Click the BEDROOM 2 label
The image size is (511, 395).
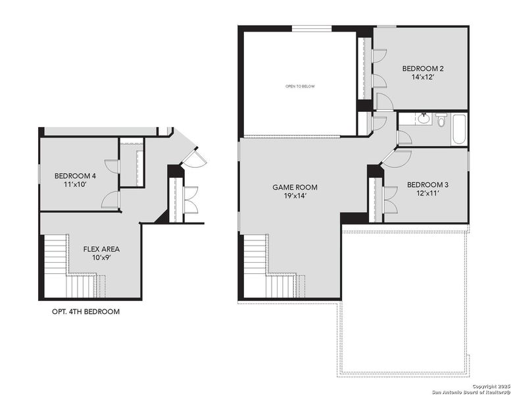point(423,68)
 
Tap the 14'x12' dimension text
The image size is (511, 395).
point(423,78)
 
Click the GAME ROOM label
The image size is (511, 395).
point(290,187)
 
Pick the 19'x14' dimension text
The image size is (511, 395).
point(290,196)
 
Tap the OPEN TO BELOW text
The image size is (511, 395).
point(299,86)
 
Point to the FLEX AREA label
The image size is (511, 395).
point(101,249)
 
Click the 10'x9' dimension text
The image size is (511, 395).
point(101,258)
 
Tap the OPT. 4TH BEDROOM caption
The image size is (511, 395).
point(85,311)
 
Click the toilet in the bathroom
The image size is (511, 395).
point(441,121)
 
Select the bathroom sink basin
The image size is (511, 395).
point(424,118)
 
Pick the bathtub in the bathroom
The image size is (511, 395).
point(459,130)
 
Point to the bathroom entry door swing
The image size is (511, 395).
point(404,138)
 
